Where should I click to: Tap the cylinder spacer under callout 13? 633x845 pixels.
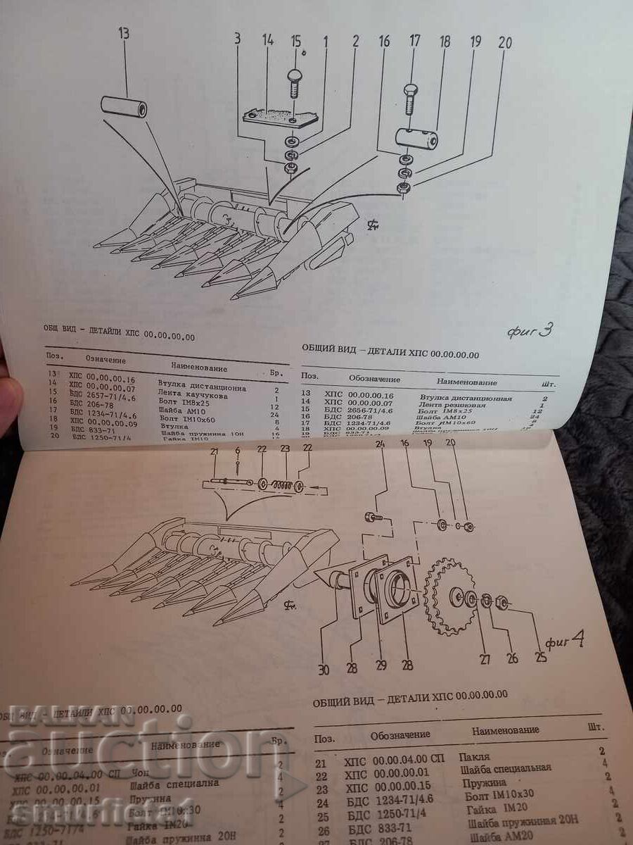click(x=124, y=108)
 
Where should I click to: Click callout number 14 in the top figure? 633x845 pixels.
click(x=267, y=40)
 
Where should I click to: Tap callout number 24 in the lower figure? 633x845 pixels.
click(x=381, y=445)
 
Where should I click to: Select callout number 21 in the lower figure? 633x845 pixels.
click(x=215, y=451)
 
